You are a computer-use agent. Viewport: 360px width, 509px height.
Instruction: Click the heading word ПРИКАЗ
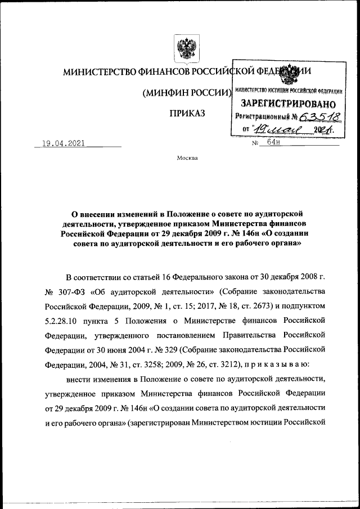pos(183,114)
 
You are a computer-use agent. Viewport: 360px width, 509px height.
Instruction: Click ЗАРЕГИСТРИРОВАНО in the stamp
pos(288,103)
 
